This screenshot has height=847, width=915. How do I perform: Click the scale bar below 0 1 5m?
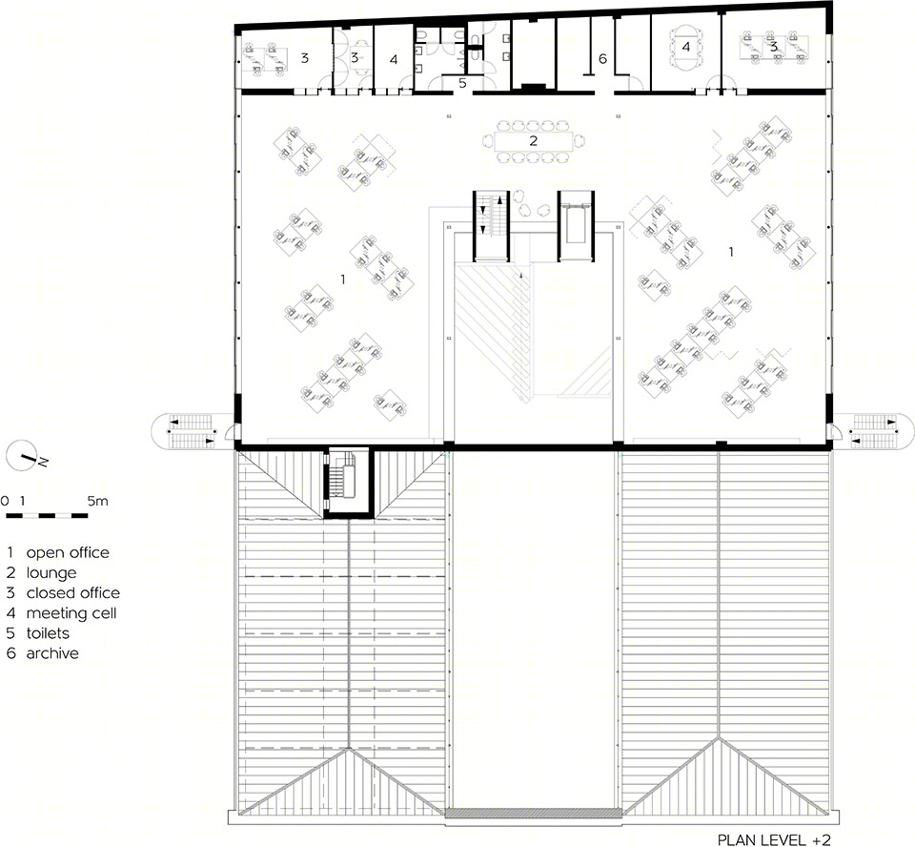point(47,516)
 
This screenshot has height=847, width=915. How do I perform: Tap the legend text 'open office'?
point(68,552)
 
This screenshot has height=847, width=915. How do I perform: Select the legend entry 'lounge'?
point(51,573)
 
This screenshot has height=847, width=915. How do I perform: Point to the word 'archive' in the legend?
point(52,653)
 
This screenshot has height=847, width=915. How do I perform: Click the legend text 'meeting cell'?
point(71,613)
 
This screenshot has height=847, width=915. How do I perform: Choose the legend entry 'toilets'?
point(48,633)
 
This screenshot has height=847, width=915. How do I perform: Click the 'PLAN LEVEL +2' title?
point(774,840)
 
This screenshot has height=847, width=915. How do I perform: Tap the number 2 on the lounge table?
point(533,141)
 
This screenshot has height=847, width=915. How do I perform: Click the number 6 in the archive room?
point(602,58)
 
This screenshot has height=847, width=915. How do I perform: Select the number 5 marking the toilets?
point(462,83)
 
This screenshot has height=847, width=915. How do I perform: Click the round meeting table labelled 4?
point(685,46)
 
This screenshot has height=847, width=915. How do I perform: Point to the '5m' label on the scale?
point(97,501)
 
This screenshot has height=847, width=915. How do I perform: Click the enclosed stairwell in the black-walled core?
point(347,483)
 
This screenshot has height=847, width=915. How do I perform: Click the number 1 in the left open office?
point(343,279)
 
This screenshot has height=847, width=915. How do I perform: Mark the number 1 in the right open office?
point(731,252)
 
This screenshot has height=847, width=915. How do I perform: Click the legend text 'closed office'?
point(73,593)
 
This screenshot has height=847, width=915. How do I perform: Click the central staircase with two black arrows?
point(491,226)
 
